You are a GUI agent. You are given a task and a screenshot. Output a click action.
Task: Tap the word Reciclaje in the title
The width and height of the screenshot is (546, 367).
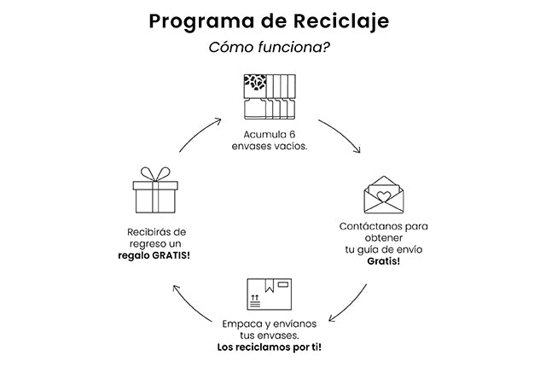point(344,20)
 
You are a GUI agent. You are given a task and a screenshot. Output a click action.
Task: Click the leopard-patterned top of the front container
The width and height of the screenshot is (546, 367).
point(254,83)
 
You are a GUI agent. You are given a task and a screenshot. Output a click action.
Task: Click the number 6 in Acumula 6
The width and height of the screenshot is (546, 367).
point(292,135)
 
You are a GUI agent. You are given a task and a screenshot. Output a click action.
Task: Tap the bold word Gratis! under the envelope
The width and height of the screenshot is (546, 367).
point(384,262)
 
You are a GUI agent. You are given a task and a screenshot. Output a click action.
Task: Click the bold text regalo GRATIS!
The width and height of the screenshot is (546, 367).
point(154,257)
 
